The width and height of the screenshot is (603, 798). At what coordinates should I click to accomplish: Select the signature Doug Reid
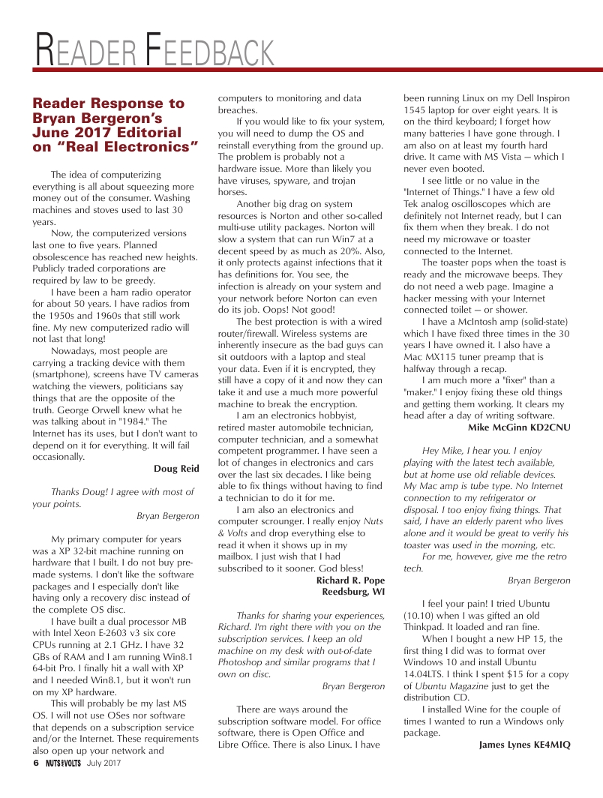(x=176, y=469)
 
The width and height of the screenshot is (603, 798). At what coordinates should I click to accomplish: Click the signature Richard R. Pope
(x=350, y=580)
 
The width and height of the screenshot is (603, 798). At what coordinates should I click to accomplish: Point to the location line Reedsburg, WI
(x=353, y=592)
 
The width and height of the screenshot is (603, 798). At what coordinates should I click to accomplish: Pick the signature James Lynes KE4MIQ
(x=524, y=745)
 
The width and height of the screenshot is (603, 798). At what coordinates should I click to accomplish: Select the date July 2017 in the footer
(x=103, y=763)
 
